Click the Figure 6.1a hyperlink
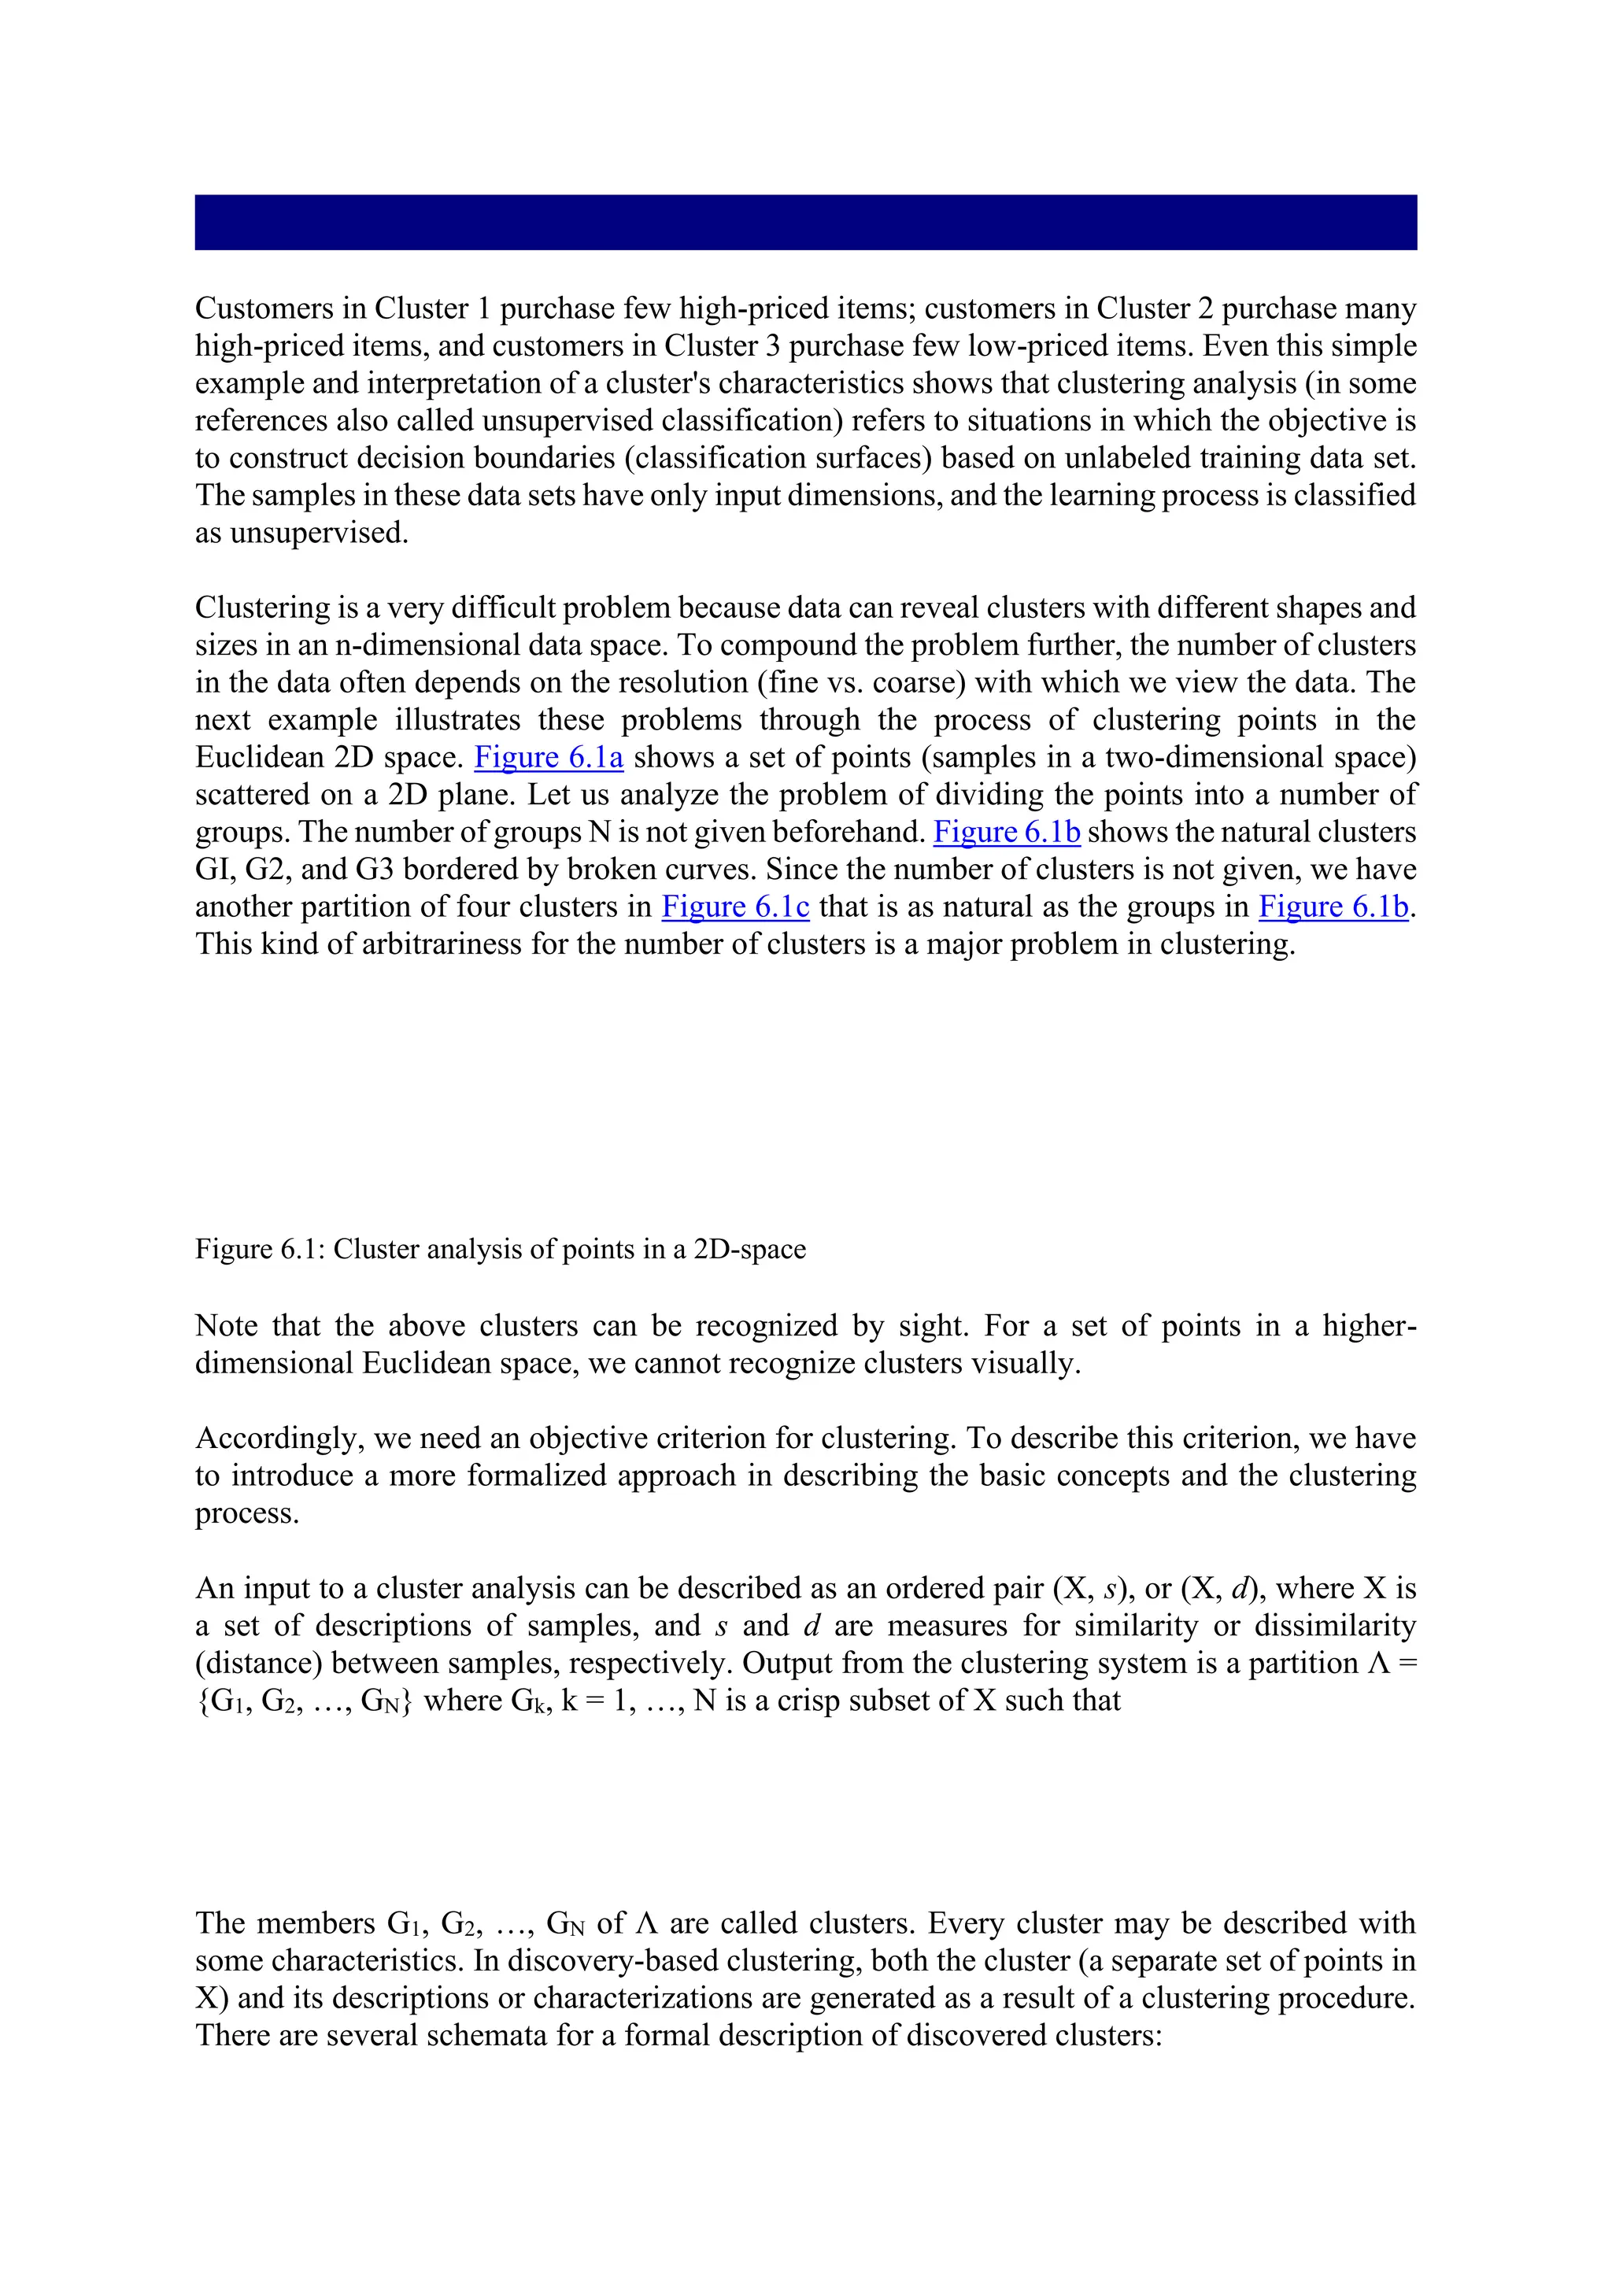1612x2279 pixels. point(548,757)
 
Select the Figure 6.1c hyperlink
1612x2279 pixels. point(734,907)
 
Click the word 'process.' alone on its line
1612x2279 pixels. point(246,1514)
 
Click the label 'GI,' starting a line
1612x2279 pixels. point(214,870)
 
